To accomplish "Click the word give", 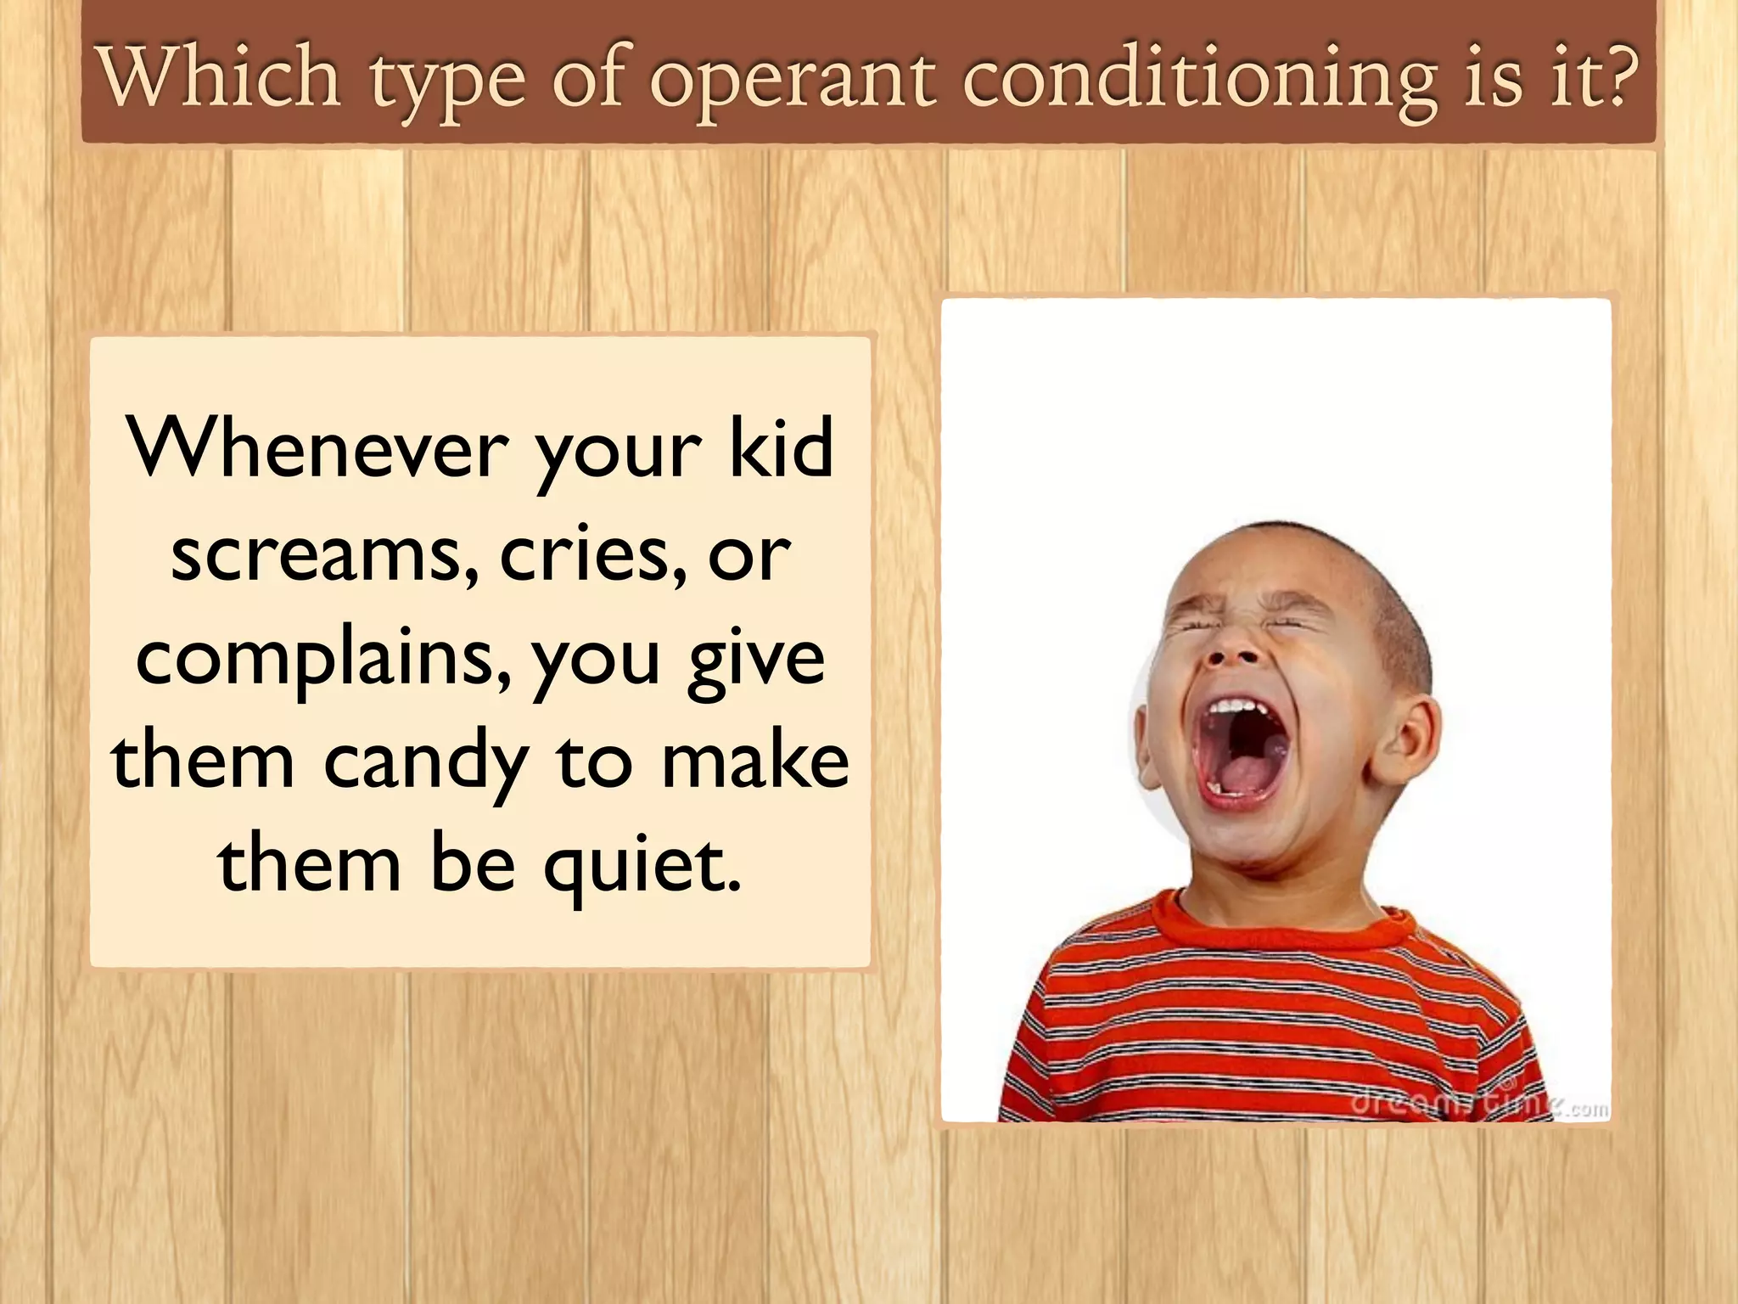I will tap(755, 662).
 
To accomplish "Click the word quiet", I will tap(642, 866).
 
